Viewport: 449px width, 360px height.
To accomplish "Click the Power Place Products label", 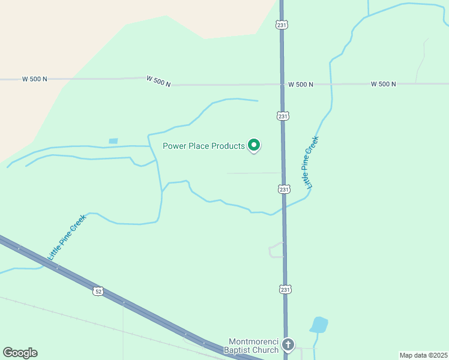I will tap(204, 146).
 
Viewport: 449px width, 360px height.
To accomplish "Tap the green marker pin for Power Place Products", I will tap(254, 145).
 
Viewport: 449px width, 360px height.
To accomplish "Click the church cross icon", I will tap(288, 345).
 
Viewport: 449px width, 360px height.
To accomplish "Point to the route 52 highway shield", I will tap(98, 291).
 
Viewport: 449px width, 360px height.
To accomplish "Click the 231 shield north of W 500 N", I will tap(282, 25).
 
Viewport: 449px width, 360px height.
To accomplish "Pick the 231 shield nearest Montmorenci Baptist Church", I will tap(285, 289).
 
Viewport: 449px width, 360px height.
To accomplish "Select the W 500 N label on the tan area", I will tap(34, 79).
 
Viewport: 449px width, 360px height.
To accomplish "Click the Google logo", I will tap(20, 352).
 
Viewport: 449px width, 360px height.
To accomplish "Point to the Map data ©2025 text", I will tap(424, 355).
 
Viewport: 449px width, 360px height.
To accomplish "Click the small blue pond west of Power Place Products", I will tap(113, 141).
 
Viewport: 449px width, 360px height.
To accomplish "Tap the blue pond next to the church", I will tap(319, 325).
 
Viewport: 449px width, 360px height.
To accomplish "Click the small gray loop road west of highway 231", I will tap(276, 250).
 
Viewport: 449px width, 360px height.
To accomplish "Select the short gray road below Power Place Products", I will tap(252, 173).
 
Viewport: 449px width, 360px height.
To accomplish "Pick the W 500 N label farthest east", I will tap(383, 84).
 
